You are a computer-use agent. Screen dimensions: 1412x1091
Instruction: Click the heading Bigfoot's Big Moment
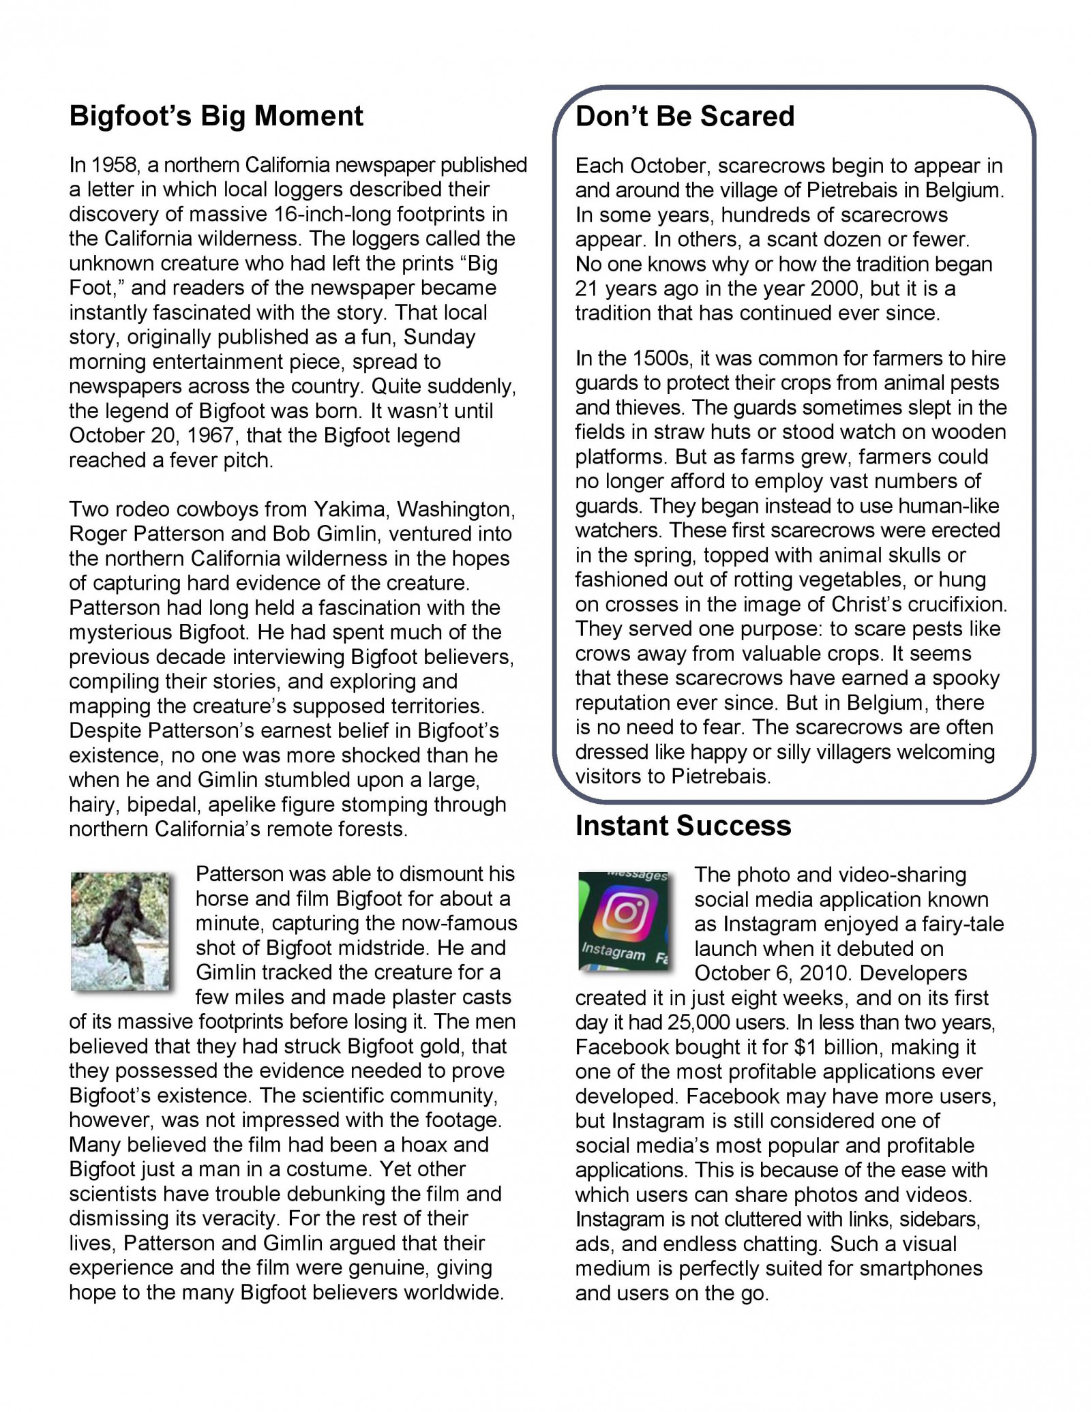[x=216, y=117]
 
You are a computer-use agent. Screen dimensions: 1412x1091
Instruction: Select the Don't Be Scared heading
[x=685, y=117]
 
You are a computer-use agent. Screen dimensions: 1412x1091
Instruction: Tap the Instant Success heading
[x=683, y=826]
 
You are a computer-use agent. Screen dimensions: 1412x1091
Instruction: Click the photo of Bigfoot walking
[x=121, y=931]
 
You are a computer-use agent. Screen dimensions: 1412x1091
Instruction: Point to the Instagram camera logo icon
[x=623, y=914]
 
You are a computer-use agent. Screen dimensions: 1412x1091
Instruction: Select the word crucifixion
[x=963, y=605]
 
